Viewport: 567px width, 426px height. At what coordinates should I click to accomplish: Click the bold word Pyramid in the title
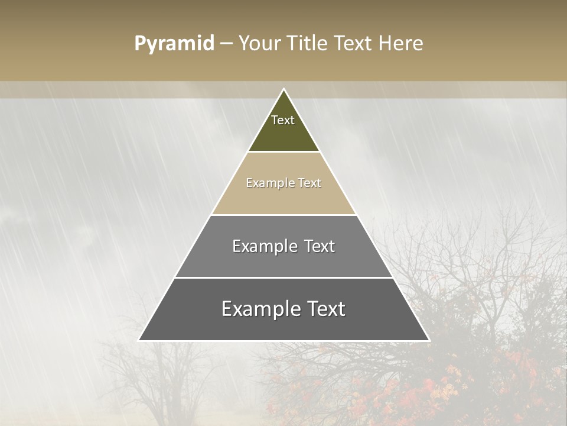point(174,44)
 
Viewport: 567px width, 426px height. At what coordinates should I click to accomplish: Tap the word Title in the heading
point(310,44)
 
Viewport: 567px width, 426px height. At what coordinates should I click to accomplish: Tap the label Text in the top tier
point(283,120)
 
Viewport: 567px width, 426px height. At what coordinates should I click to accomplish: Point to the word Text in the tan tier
point(310,183)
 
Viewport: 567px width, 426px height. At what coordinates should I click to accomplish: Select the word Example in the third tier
point(264,246)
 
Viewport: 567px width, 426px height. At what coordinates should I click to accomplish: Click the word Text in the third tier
point(320,246)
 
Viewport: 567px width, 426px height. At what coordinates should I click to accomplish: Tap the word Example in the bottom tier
point(257,309)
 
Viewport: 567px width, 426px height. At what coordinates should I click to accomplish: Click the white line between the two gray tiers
point(283,277)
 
